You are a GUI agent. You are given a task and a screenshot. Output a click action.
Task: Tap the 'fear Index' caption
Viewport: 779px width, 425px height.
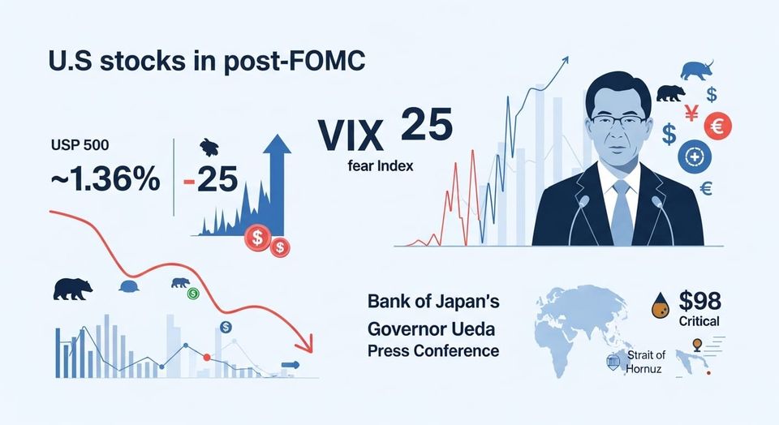[x=376, y=167]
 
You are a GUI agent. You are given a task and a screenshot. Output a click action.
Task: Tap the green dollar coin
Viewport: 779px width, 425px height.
[x=193, y=294]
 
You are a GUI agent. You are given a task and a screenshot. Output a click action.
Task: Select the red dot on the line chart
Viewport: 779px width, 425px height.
[x=206, y=357]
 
